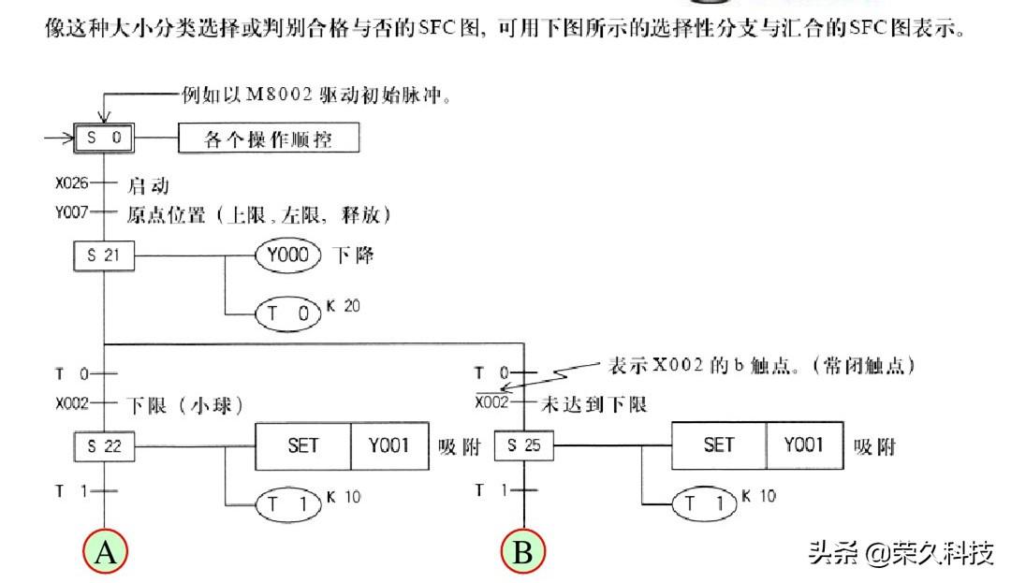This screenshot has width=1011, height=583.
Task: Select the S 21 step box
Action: point(104,256)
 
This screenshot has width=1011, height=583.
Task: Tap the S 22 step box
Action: point(104,446)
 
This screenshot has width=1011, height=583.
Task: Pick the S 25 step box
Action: point(523,446)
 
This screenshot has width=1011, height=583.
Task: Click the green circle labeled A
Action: point(105,552)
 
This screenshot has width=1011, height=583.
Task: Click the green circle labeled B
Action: point(522,552)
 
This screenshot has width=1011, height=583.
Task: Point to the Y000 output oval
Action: point(287,255)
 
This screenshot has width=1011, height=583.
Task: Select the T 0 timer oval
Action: point(287,313)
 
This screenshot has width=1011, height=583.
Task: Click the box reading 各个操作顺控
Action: point(269,140)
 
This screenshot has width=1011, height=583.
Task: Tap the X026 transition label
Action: point(71,183)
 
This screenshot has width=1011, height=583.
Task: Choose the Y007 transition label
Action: point(71,213)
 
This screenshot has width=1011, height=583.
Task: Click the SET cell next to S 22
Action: point(303,445)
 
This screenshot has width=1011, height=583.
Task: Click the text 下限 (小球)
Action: point(183,405)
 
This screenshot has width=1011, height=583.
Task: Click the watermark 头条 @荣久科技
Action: point(901,553)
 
